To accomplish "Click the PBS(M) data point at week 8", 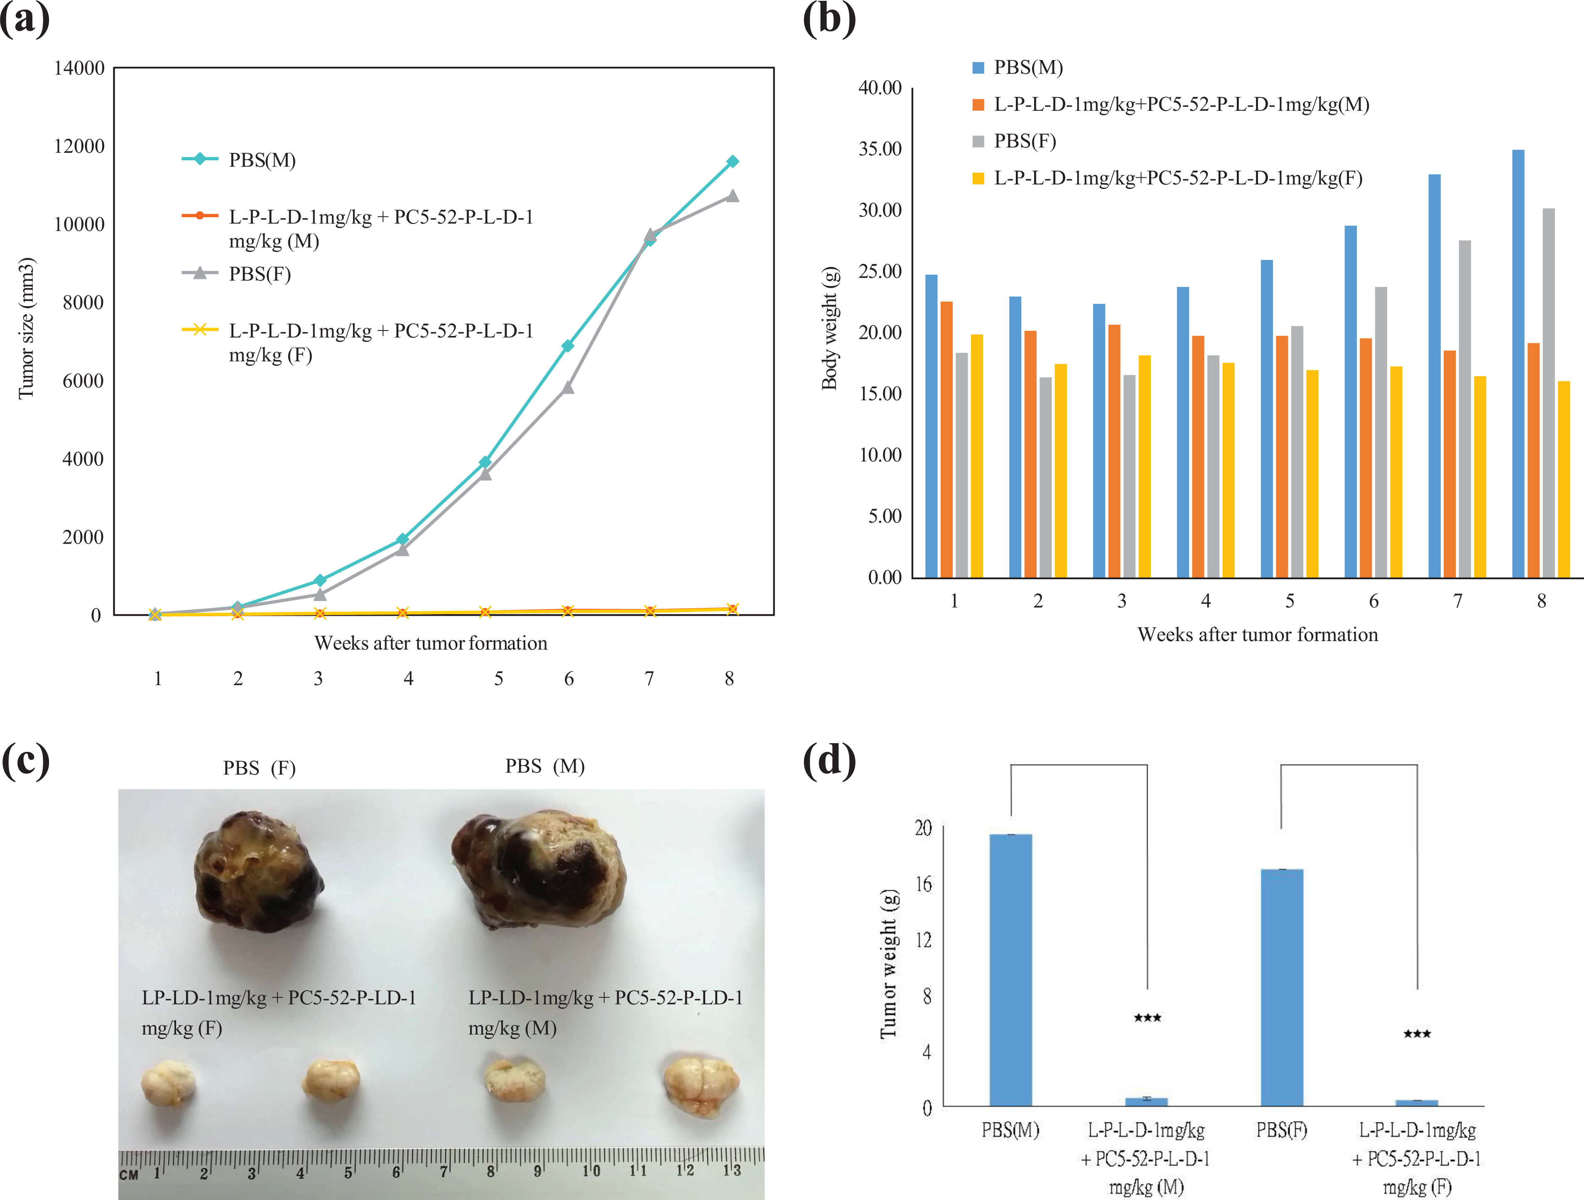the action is [732, 162].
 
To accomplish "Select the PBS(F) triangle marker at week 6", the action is [568, 387].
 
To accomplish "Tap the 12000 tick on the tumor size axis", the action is [79, 146].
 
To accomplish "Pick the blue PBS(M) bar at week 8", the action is [1518, 364].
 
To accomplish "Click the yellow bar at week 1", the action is [977, 456].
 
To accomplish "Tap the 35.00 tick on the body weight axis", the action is [880, 149].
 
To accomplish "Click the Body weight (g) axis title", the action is [829, 328].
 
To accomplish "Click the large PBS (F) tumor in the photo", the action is [258, 872].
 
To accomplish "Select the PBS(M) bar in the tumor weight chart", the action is [1010, 970].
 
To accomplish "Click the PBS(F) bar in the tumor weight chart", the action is [1281, 987].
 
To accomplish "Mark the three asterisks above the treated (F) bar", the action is [1417, 1034].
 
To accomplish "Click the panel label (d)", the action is [829, 760].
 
